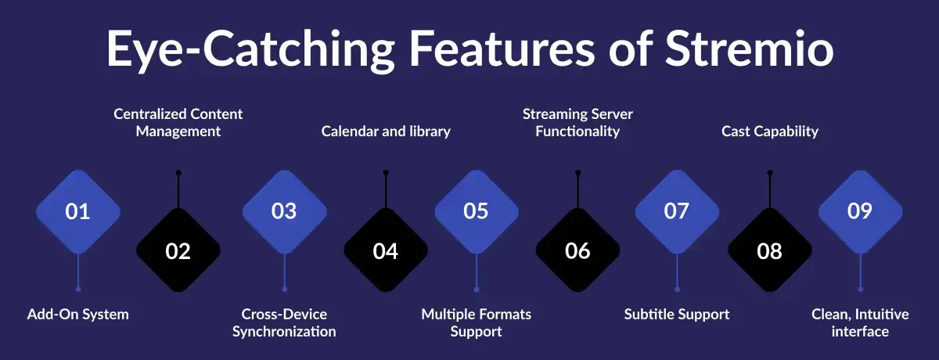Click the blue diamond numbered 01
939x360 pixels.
pos(78,211)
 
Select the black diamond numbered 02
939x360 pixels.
pos(178,251)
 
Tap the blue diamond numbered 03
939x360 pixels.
pos(284,211)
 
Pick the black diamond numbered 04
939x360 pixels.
pos(386,251)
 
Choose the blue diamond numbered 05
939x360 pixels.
pos(477,211)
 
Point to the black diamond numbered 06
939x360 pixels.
pos(577,251)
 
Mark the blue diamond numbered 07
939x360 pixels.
pos(677,211)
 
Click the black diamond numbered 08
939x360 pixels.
pos(770,251)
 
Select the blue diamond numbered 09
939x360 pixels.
pos(860,211)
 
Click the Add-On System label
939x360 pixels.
pos(78,314)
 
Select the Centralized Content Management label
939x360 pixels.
pos(178,122)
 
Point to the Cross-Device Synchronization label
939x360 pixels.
pos(284,322)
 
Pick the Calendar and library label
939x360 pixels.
pos(386,131)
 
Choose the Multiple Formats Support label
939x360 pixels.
pos(477,322)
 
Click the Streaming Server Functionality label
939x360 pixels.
pos(577,122)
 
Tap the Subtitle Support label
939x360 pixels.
pos(677,314)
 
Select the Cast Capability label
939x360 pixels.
pos(770,131)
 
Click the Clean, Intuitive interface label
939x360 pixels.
pos(860,322)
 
